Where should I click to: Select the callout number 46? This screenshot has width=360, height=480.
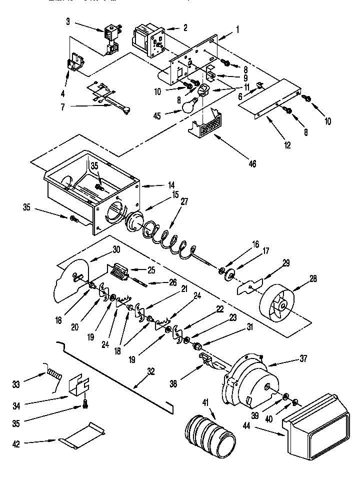click(252, 163)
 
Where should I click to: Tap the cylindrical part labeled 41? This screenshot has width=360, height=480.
click(208, 434)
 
